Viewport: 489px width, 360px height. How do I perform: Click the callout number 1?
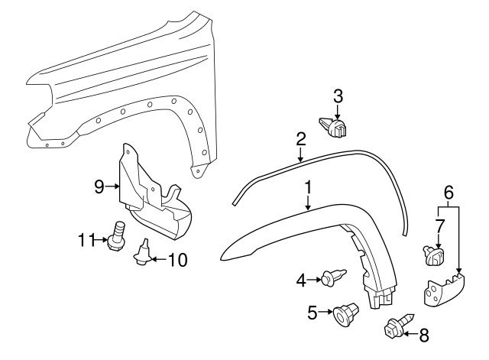(x=308, y=187)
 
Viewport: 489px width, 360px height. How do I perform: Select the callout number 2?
(x=300, y=139)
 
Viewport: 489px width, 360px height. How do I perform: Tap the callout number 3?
(x=338, y=96)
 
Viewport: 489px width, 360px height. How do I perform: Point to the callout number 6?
(x=449, y=193)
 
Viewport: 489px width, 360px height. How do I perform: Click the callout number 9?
(x=99, y=186)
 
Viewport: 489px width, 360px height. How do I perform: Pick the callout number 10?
(x=177, y=260)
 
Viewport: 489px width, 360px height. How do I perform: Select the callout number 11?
(x=86, y=240)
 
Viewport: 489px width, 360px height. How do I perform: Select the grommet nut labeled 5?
(x=346, y=313)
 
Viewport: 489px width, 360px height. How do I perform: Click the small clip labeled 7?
(x=434, y=255)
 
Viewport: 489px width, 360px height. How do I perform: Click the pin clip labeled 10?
(x=143, y=253)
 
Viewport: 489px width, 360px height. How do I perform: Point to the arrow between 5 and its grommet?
(x=325, y=312)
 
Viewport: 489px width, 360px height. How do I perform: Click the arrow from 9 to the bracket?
(x=113, y=186)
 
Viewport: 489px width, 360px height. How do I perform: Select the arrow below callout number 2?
(x=300, y=155)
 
